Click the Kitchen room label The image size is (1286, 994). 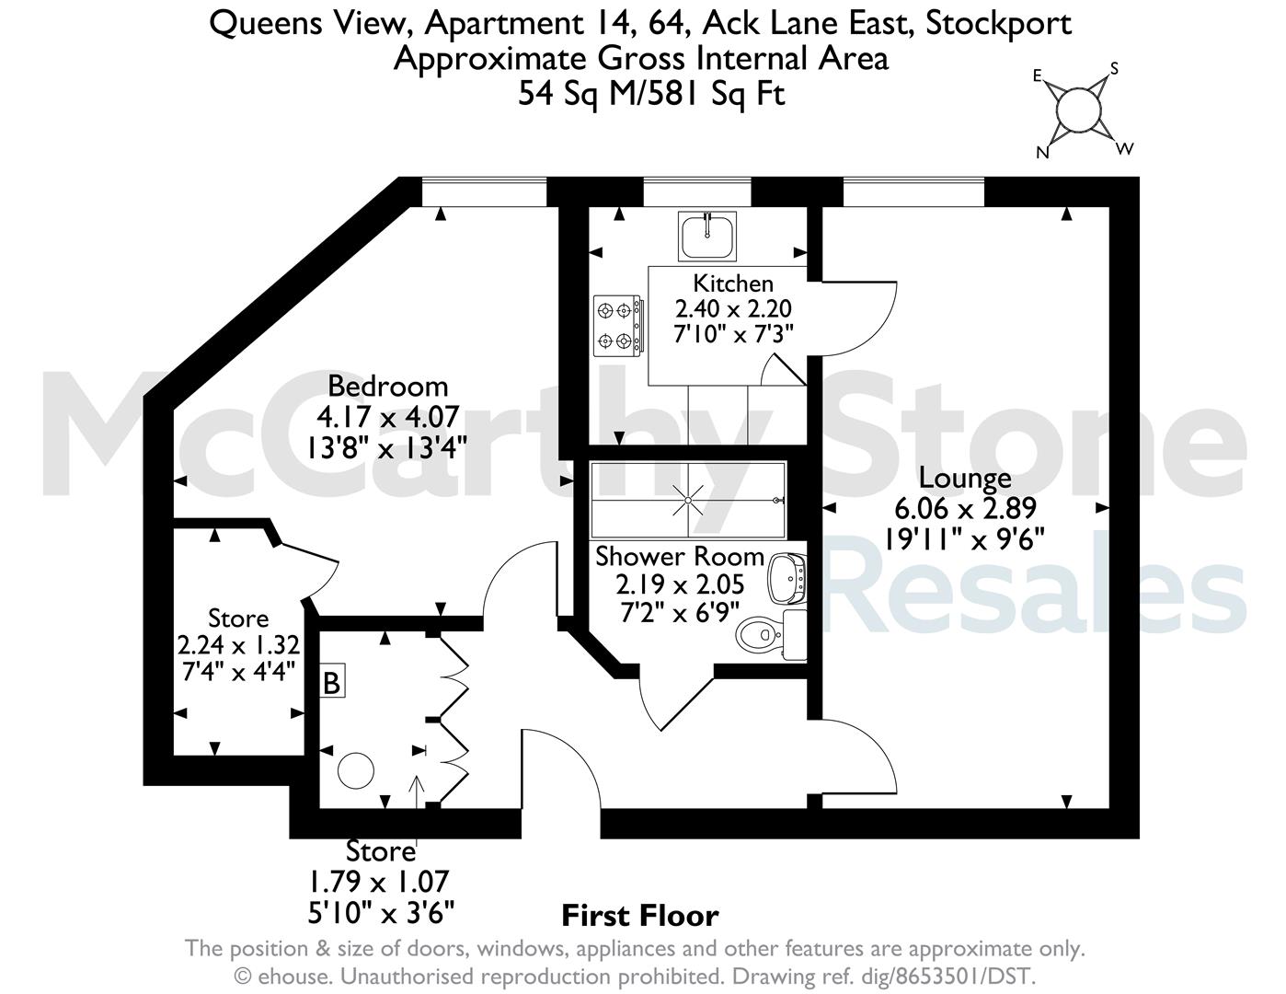(732, 284)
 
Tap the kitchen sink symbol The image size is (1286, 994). (707, 236)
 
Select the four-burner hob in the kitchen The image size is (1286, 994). (617, 326)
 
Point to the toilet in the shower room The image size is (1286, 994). (770, 634)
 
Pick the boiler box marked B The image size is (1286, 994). (332, 684)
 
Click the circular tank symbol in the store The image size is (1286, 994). (356, 770)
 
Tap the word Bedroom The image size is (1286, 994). (388, 387)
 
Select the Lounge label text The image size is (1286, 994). (965, 479)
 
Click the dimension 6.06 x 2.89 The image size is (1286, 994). (965, 509)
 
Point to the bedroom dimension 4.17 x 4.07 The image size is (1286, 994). (388, 417)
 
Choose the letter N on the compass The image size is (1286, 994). (1043, 153)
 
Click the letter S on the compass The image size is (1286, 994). (1114, 69)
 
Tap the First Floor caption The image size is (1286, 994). (639, 916)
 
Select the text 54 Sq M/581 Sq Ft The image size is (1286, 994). (651, 94)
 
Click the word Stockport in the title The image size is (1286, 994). (998, 24)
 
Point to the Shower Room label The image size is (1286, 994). (680, 557)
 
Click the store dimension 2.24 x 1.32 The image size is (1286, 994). (238, 645)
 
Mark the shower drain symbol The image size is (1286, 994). (688, 501)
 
